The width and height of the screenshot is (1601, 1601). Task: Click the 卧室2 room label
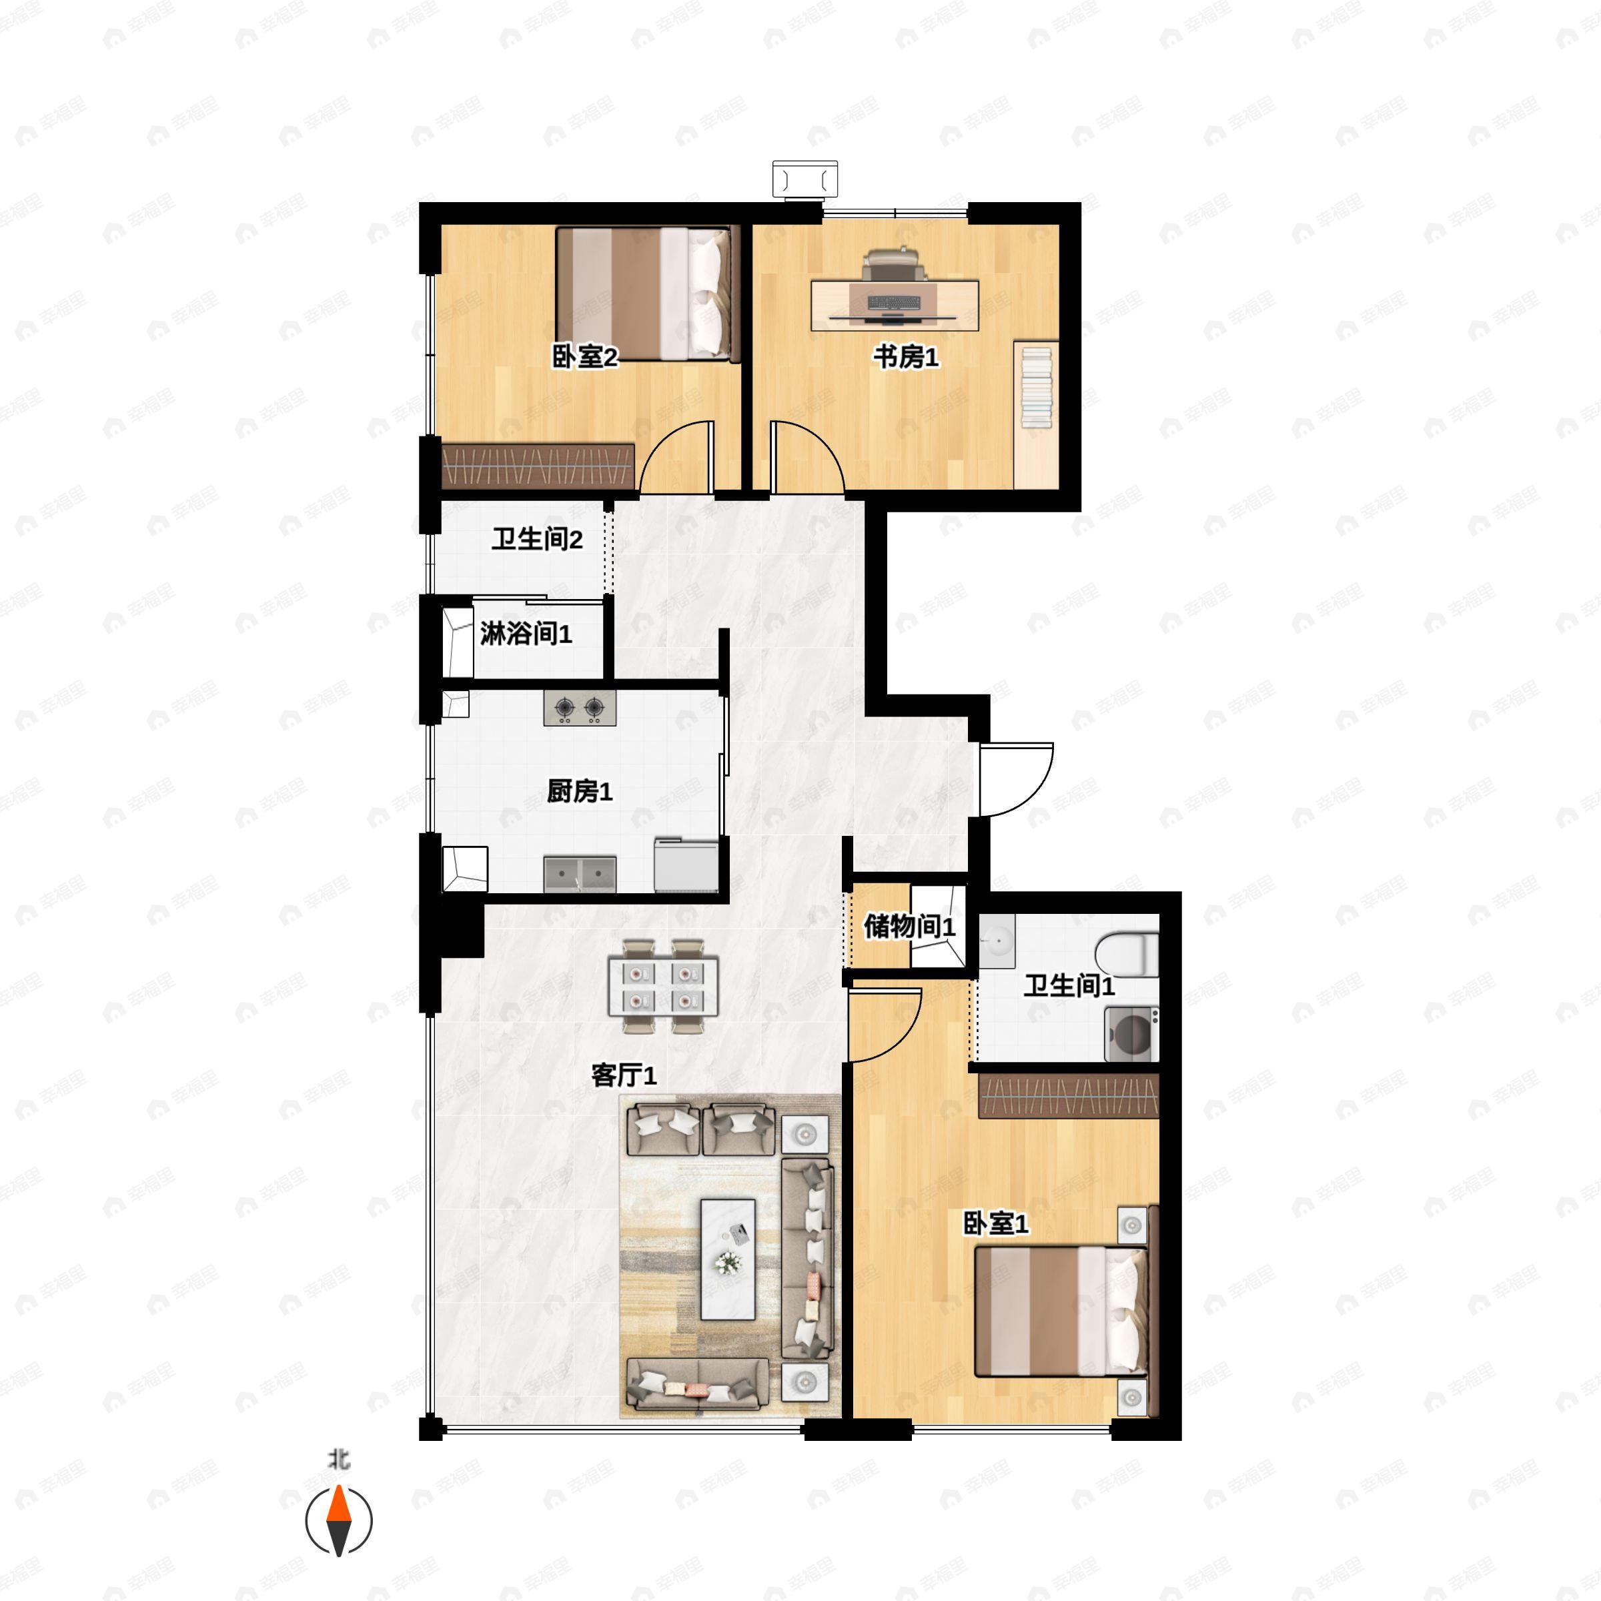tap(585, 357)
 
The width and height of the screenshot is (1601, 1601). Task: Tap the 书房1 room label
tap(906, 357)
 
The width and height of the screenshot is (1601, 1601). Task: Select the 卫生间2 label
tap(537, 540)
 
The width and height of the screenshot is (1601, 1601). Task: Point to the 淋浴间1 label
tap(526, 634)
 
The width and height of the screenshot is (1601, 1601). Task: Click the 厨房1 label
tap(579, 791)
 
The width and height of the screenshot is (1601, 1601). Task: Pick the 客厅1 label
tap(623, 1075)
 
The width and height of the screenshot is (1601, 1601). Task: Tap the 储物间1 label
tap(909, 927)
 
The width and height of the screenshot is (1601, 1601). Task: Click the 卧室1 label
tap(995, 1223)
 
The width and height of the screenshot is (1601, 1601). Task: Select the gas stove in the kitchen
tap(579, 708)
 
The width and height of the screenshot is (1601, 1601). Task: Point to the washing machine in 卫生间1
tap(1130, 1033)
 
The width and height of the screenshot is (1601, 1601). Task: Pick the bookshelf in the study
tap(1036, 414)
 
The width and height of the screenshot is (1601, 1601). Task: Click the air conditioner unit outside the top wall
tap(805, 179)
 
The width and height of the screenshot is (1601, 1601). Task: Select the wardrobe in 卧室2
tap(538, 466)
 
